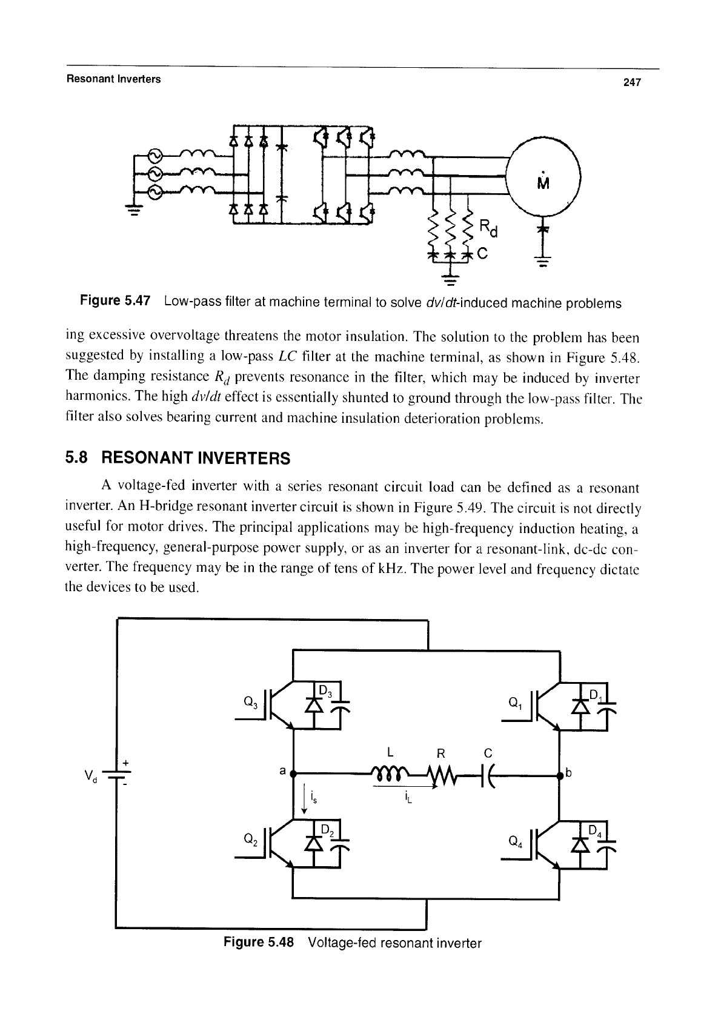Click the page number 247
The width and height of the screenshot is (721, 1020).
point(632,82)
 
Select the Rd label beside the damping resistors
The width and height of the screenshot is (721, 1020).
point(489,228)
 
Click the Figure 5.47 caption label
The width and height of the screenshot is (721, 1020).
point(115,300)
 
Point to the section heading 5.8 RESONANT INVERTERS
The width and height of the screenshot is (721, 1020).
point(178,458)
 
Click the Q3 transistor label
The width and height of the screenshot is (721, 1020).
point(250,702)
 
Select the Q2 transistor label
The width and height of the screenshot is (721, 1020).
point(250,840)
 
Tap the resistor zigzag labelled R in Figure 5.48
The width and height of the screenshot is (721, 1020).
point(440,774)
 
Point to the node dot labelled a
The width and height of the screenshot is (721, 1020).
point(293,773)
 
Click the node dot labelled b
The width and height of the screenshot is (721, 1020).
point(559,774)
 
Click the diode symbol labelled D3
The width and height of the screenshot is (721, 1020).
point(313,705)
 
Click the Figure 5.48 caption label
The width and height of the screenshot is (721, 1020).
point(258,942)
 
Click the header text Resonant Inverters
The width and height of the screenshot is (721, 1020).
point(113,79)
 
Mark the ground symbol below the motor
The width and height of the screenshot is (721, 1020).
point(542,262)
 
